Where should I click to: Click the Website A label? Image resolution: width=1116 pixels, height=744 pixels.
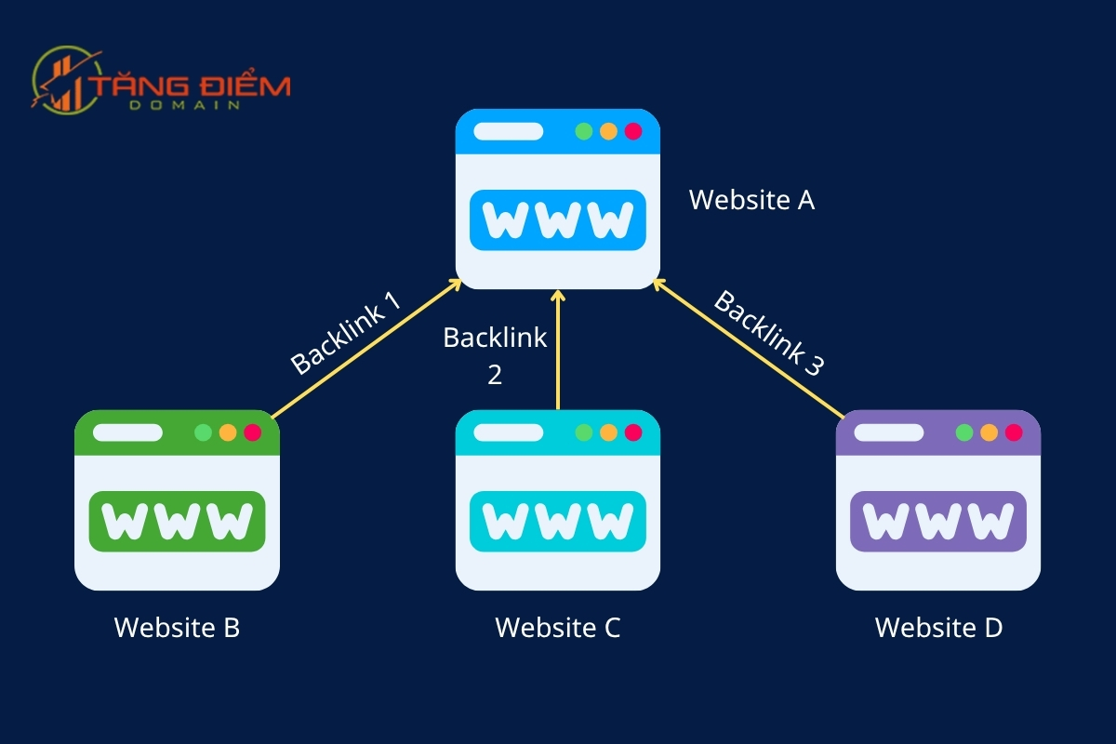point(751,200)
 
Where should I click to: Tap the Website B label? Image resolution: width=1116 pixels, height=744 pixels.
point(177,628)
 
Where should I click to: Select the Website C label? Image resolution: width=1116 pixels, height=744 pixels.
point(557,628)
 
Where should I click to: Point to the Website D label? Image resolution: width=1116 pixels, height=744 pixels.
point(938,628)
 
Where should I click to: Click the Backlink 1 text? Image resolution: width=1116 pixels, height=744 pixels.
point(345,333)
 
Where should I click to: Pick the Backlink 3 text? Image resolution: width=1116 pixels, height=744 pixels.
point(769,333)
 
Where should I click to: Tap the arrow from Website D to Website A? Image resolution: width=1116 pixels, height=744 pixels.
point(749,348)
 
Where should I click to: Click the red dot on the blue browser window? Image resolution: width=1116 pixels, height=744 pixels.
point(633,131)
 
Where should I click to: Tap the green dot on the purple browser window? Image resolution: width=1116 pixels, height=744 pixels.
point(964,432)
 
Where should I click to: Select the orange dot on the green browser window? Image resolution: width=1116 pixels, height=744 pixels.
point(228,432)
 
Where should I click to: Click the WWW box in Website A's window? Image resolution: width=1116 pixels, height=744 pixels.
point(558,220)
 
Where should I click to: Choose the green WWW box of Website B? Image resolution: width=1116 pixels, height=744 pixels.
point(177,522)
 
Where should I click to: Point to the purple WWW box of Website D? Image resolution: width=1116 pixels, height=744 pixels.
point(938,522)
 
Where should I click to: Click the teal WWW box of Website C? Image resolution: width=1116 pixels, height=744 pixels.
point(558,522)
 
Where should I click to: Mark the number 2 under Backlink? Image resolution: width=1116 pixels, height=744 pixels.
point(495,374)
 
